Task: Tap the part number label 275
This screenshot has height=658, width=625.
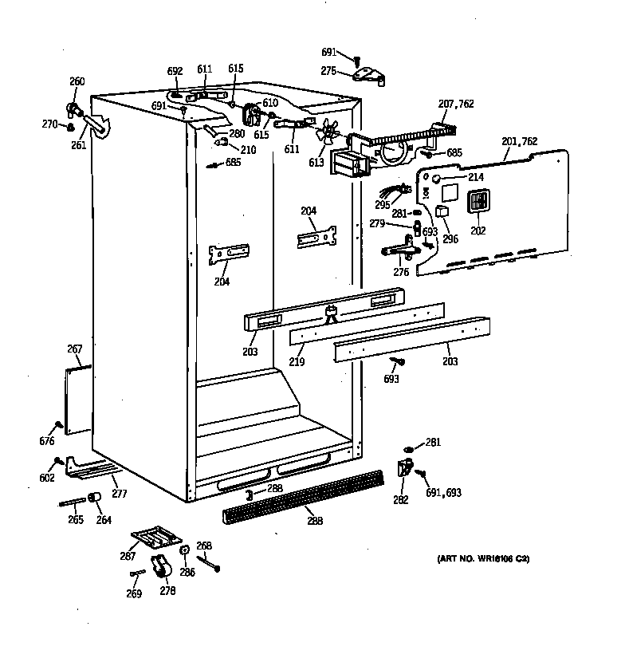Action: click(328, 72)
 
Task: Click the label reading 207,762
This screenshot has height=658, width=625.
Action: click(457, 104)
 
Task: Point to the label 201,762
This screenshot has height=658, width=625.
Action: click(520, 142)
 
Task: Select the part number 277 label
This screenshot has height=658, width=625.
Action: click(119, 494)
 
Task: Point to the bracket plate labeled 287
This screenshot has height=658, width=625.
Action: click(155, 537)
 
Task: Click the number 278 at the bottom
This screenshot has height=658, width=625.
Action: click(167, 590)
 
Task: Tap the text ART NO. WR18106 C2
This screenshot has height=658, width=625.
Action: click(482, 558)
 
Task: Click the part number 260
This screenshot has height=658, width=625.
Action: click(77, 81)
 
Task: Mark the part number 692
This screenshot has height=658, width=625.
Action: click(175, 70)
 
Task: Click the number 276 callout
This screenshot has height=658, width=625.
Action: click(401, 273)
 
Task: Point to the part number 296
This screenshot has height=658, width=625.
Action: click(450, 237)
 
